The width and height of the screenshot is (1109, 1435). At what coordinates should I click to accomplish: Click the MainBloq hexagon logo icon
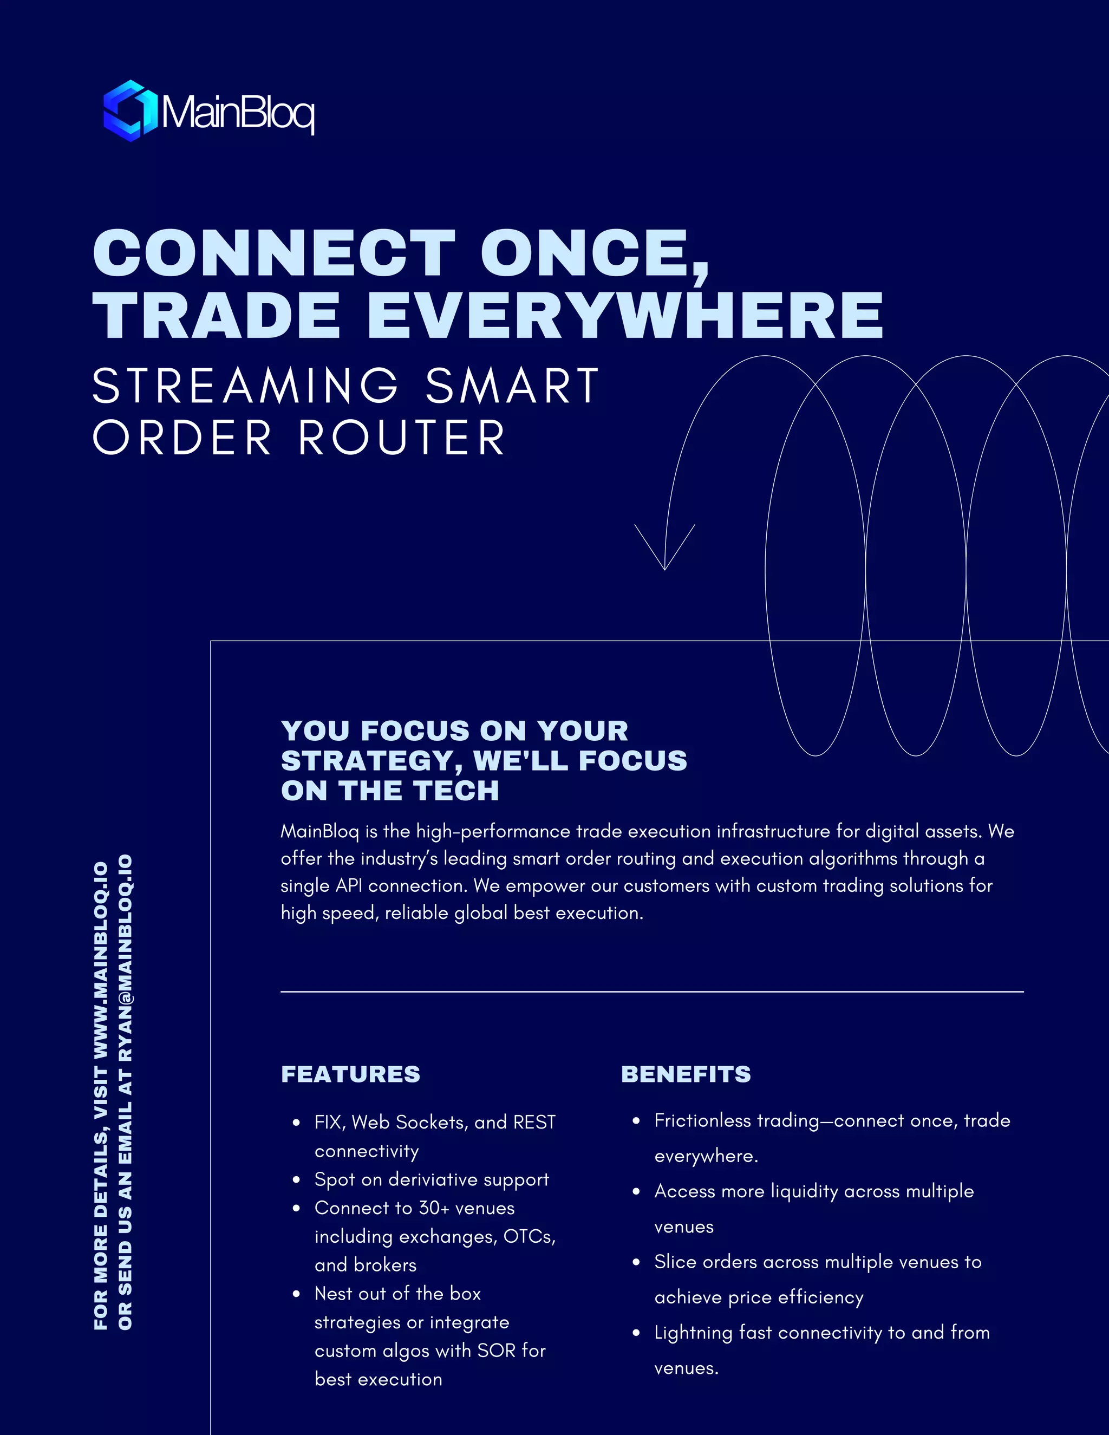pyautogui.click(x=130, y=110)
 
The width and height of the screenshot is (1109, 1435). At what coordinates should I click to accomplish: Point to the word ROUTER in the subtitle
pyautogui.click(x=402, y=438)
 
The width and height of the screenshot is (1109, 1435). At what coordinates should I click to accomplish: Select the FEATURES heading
pyautogui.click(x=350, y=1074)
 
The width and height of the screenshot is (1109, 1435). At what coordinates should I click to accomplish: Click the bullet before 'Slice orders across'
pyautogui.click(x=636, y=1262)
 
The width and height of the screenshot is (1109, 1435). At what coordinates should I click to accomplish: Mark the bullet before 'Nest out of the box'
pyautogui.click(x=296, y=1294)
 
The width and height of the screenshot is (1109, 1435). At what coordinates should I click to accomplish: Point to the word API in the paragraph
pyautogui.click(x=349, y=886)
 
